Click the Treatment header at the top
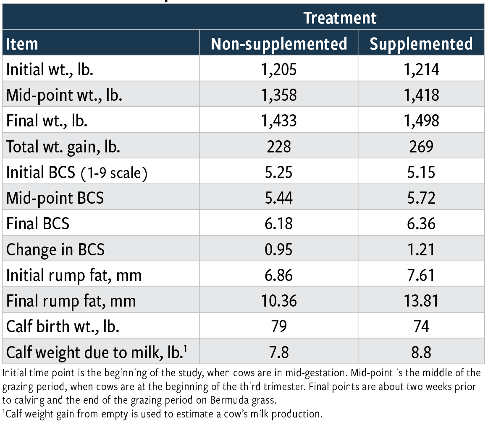(x=340, y=18)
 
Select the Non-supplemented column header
(x=279, y=44)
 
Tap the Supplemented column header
(x=421, y=44)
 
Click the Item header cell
(x=22, y=44)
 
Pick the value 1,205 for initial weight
(x=279, y=69)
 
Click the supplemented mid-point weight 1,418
(x=421, y=95)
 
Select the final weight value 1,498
(x=421, y=121)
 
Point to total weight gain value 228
(x=279, y=146)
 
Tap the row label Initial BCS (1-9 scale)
(x=76, y=172)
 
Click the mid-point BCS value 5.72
(x=421, y=198)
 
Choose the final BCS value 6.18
(x=279, y=223)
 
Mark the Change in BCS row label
(x=55, y=249)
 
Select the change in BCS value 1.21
(x=421, y=249)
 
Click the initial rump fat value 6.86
(x=279, y=275)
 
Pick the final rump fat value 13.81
(x=421, y=301)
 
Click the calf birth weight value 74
(x=421, y=327)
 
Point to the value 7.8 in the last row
(x=279, y=352)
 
